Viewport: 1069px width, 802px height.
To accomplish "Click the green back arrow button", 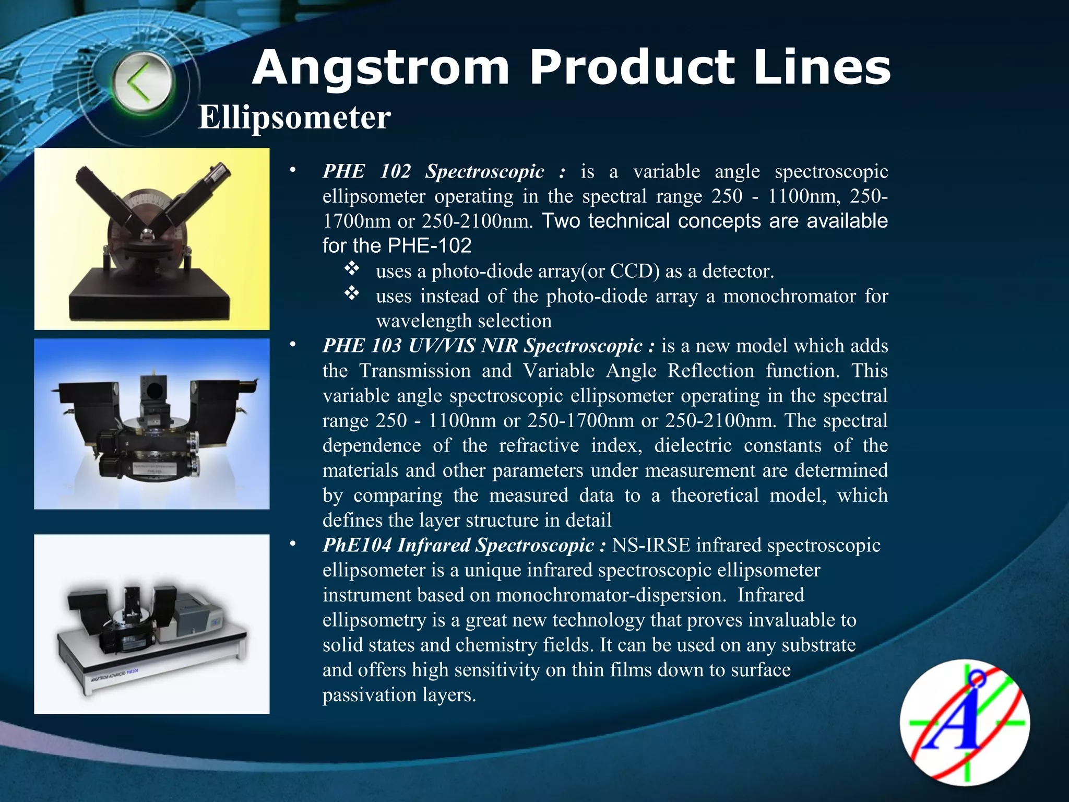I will [142, 84].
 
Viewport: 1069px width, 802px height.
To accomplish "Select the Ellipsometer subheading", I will [294, 117].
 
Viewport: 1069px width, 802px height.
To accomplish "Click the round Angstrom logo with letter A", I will [965, 722].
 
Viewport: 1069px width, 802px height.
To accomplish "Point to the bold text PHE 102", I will [366, 171].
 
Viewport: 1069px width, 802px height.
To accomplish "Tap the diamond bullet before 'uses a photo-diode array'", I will [352, 269].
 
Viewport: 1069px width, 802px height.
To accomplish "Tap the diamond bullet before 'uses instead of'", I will [352, 294].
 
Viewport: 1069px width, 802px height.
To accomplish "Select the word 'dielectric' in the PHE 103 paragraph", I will [693, 445].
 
